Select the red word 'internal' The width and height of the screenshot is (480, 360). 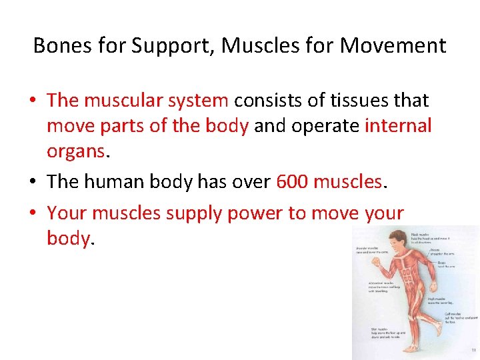(398, 125)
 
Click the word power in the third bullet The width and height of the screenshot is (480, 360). (257, 213)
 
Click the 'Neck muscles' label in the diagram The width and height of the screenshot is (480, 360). (439, 234)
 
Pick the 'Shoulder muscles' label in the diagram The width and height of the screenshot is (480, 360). (367, 249)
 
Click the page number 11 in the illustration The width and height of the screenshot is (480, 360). (473, 350)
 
